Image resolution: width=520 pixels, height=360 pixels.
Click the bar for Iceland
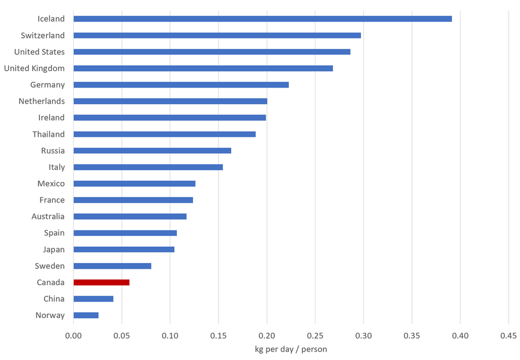coord(262,19)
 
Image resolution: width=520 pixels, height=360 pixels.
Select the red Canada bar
coord(101,282)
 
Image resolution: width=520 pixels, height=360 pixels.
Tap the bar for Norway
coord(86,315)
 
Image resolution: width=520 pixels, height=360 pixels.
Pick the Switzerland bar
coord(217,35)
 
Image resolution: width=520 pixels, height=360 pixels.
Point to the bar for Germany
coord(181,85)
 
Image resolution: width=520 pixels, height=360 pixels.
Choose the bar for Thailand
coord(164,134)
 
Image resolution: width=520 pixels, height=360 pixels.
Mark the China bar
coord(93,299)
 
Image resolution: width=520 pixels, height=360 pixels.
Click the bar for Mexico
coord(134,184)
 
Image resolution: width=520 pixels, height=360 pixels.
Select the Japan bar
coord(124,250)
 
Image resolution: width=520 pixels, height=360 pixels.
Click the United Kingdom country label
coord(34,68)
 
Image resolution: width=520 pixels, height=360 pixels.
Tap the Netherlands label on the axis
coord(41,101)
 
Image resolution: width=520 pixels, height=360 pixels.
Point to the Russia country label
coord(53,151)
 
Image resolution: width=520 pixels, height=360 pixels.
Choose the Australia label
coord(48,216)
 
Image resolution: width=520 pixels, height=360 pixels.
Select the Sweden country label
coord(50,266)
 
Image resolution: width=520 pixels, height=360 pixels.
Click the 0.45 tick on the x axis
coord(508,335)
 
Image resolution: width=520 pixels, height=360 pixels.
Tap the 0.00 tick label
coord(73,335)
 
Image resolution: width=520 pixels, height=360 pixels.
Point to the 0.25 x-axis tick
coord(315,335)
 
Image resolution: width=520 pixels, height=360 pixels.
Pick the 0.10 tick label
coord(170,335)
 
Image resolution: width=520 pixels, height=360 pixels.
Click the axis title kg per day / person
coord(291,349)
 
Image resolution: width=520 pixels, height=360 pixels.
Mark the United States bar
coord(212,52)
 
